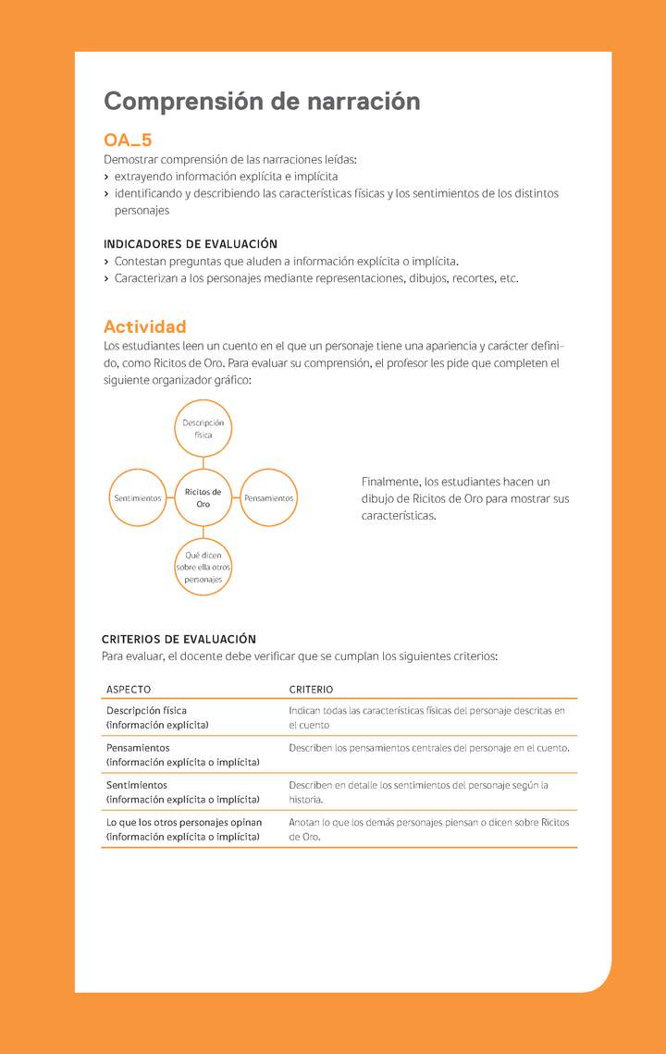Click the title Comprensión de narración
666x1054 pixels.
coord(262,102)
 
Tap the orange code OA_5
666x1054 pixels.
coord(128,141)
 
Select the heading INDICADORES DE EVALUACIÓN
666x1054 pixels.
coord(191,244)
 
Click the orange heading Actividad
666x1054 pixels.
coord(145,326)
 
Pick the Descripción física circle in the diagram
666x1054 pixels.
coord(203,429)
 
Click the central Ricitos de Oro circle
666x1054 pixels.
coord(203,498)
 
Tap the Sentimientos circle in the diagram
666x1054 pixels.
coord(137,498)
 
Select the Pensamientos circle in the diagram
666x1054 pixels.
coord(269,498)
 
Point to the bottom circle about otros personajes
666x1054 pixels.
coord(203,567)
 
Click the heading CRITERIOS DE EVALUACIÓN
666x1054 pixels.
coord(179,639)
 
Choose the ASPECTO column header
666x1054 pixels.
coord(129,690)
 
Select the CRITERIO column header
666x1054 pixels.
coord(311,690)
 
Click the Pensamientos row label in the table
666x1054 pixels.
coord(138,747)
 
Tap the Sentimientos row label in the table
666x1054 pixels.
coord(137,785)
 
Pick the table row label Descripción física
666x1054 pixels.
coord(146,711)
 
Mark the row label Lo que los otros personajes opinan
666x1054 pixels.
coord(184,822)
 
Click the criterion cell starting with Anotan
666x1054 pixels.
coord(428,828)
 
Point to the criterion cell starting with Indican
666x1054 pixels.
coord(426,717)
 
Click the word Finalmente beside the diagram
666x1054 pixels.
coord(389,482)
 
